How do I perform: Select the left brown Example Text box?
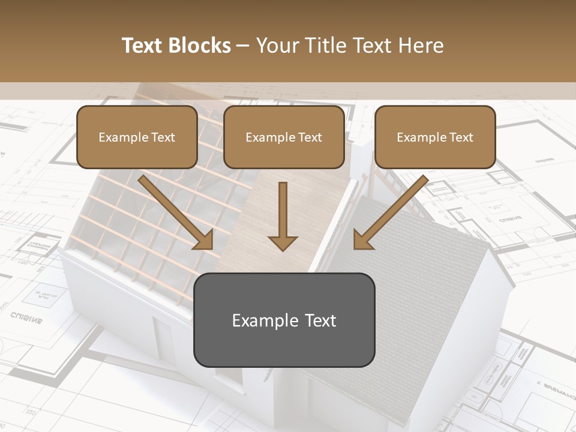137,137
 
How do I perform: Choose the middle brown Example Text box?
284,137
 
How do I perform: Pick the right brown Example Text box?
435,137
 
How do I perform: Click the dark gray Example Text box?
284,320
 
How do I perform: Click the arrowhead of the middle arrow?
283,242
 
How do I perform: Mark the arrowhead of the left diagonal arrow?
204,240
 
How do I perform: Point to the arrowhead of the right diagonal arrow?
362,240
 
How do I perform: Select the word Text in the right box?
461,137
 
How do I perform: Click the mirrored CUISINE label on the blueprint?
26,317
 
